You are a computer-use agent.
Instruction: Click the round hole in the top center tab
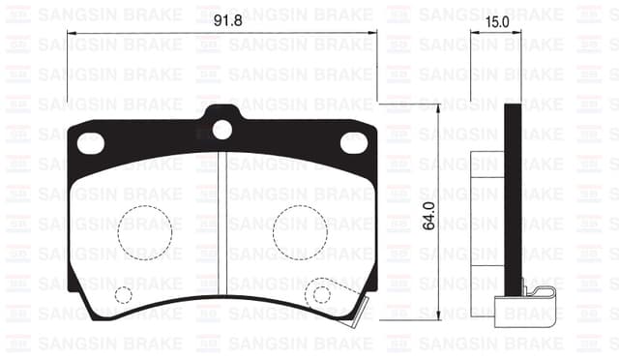[222, 128]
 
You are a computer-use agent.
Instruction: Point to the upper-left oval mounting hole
[90, 142]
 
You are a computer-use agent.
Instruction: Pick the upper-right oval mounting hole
[354, 142]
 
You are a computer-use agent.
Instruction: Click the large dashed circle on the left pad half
[145, 230]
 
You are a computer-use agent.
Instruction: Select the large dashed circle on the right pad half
[300, 230]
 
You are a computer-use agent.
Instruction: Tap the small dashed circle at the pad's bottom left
[123, 294]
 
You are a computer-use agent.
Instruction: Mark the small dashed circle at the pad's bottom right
[320, 294]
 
